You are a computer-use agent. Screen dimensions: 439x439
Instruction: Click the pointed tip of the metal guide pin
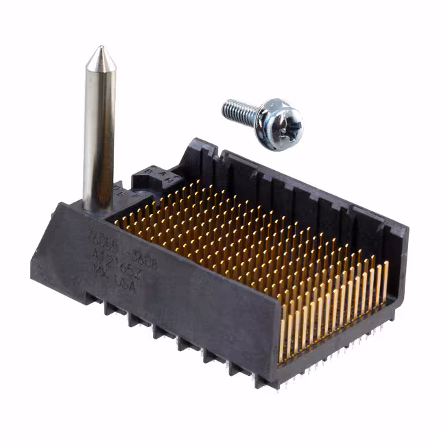pyautogui.click(x=99, y=49)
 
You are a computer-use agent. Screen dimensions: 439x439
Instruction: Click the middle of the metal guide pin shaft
pyautogui.click(x=99, y=130)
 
